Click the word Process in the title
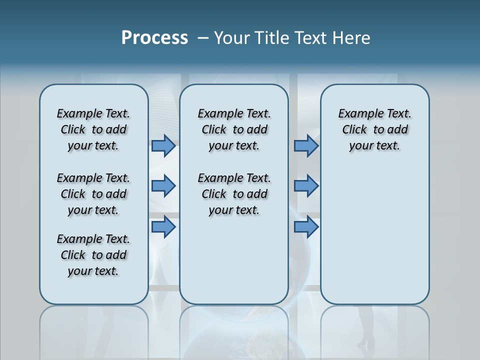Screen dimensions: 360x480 point(154,38)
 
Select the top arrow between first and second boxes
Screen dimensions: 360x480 point(163,146)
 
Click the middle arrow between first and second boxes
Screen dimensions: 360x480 point(163,186)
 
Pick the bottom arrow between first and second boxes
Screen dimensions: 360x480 point(163,227)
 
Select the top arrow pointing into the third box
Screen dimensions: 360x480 point(306,146)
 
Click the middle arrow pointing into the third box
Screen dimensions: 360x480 point(306,186)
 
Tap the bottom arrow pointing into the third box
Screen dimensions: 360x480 point(306,227)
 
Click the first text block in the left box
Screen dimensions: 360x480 point(93,129)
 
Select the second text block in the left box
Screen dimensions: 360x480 point(93,194)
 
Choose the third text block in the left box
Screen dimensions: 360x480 point(93,255)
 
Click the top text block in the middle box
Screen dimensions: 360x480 point(234,129)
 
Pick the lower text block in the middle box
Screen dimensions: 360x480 point(234,194)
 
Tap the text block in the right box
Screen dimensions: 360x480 point(374,129)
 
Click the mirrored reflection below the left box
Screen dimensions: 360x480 point(93,330)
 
